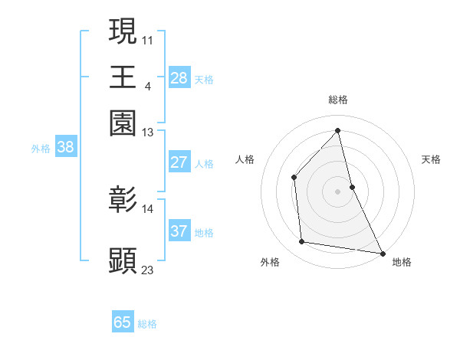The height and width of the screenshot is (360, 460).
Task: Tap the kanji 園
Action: pos(123,123)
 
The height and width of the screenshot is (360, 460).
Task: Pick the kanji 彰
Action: pos(123,200)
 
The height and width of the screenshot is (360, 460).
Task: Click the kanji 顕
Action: pos(123,260)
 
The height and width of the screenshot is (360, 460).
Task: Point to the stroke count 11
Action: pos(148,38)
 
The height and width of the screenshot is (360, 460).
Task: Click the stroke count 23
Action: pos(148,270)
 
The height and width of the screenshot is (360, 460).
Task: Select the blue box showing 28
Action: pos(179,78)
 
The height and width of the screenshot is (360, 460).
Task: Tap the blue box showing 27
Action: pos(179,162)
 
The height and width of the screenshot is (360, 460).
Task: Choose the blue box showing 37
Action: pos(179,231)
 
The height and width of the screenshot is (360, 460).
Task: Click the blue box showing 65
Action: pos(123,322)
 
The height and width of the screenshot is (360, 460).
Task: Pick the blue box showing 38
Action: pos(65,148)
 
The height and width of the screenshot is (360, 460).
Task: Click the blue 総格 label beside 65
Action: pos(147,324)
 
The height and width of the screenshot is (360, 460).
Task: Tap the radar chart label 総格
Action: pos(337,100)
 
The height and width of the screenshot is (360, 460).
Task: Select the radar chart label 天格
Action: pos(432,159)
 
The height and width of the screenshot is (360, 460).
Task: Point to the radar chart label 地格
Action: pos(402,262)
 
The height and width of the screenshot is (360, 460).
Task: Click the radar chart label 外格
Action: pos(270,262)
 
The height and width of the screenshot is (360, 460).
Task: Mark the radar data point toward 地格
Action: pos(382,253)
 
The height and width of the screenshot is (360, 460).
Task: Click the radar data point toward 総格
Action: pos(337,129)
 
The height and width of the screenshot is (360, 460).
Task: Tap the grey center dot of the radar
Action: pos(337,191)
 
